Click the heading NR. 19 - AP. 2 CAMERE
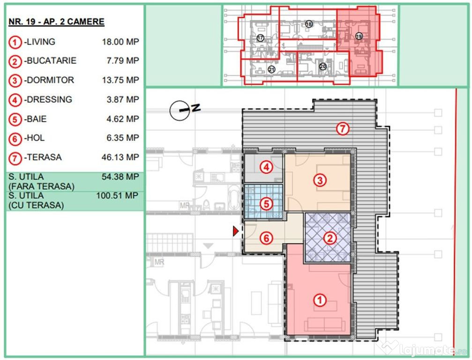point(57,22)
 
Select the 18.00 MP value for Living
point(120,42)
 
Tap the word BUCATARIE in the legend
point(52,60)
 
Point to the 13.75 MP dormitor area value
point(120,80)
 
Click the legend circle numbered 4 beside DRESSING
point(15,100)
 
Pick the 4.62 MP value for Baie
point(123,119)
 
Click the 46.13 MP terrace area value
point(120,157)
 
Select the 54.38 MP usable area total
point(120,177)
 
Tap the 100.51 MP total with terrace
point(117,195)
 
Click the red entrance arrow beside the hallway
point(236,231)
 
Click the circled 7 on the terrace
point(343,129)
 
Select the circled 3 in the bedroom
point(320,180)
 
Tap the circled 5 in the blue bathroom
point(266,204)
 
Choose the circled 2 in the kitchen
point(330,239)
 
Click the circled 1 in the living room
point(320,300)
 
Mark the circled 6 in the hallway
point(266,239)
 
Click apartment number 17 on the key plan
point(261,38)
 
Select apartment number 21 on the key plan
point(271,70)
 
